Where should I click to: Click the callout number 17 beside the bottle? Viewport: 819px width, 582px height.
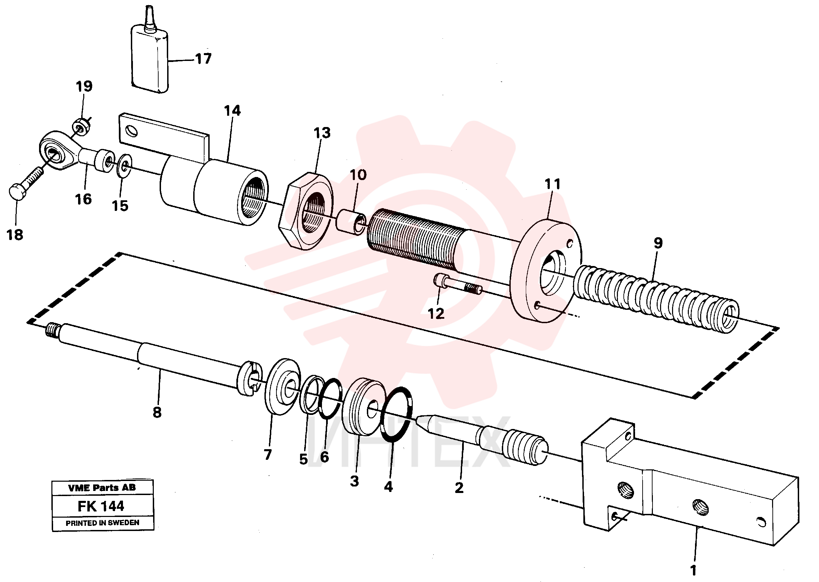[204, 59]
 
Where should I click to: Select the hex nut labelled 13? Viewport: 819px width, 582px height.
[306, 211]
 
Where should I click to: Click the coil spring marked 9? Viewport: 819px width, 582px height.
[656, 299]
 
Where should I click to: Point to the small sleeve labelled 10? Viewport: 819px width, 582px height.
[351, 223]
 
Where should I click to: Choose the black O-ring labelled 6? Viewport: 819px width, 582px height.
[330, 398]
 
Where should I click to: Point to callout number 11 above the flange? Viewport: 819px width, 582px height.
[552, 184]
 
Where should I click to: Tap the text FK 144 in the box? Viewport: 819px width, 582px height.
[101, 506]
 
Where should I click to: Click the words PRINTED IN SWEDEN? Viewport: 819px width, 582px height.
[102, 523]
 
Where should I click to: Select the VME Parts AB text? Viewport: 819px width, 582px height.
[102, 488]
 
